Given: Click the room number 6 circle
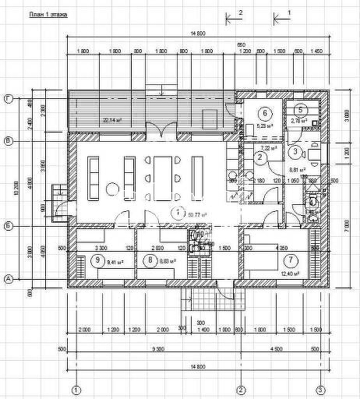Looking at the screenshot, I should (x=263, y=112).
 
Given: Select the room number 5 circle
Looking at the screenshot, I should (x=300, y=110).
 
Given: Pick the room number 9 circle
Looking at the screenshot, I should (x=97, y=260).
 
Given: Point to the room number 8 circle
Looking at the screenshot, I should (x=150, y=260).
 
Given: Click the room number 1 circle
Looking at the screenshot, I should (x=178, y=211).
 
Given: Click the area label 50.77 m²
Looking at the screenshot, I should (x=187, y=214).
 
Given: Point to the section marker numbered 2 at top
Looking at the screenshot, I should (x=241, y=13).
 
